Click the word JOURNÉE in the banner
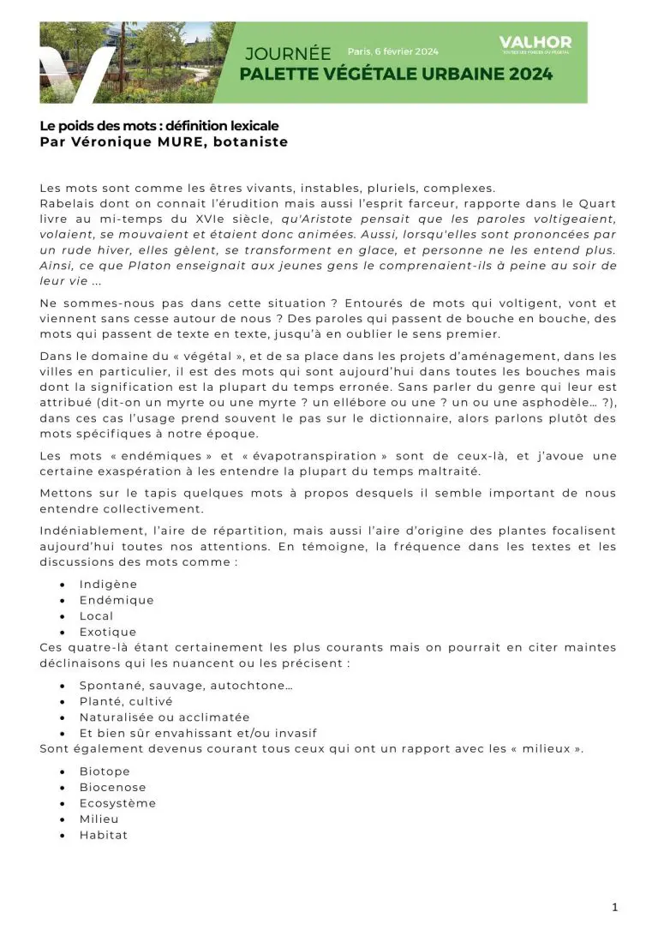(288, 53)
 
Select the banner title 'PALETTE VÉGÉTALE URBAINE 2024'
(396, 74)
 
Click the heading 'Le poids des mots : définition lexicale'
(159, 126)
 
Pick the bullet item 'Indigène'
(108, 585)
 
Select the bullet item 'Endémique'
(117, 600)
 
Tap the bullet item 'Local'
(96, 616)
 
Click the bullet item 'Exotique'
(107, 632)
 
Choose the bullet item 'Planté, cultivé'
(126, 701)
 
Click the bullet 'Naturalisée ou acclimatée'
(164, 717)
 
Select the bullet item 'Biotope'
(105, 771)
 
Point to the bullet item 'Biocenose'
(112, 787)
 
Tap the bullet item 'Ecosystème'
(117, 803)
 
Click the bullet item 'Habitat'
(103, 835)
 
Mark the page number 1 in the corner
(614, 908)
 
